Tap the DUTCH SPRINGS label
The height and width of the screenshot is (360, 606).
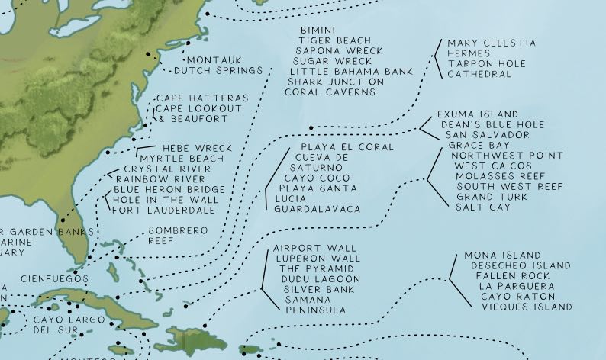pos(218,71)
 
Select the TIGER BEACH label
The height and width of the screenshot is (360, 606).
pos(334,40)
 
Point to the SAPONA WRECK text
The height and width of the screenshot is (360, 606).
pos(334,50)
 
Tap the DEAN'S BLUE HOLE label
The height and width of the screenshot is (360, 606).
pos(492,124)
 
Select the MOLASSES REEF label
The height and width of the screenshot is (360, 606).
pos(504,175)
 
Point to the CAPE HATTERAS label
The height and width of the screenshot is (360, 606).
pos(201,99)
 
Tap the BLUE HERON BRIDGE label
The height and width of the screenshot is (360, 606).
pos(169,190)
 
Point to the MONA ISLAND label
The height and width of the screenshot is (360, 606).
pos(502,256)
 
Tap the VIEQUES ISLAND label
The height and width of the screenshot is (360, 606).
pos(527,307)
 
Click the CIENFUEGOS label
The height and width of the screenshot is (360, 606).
pos(55,278)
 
